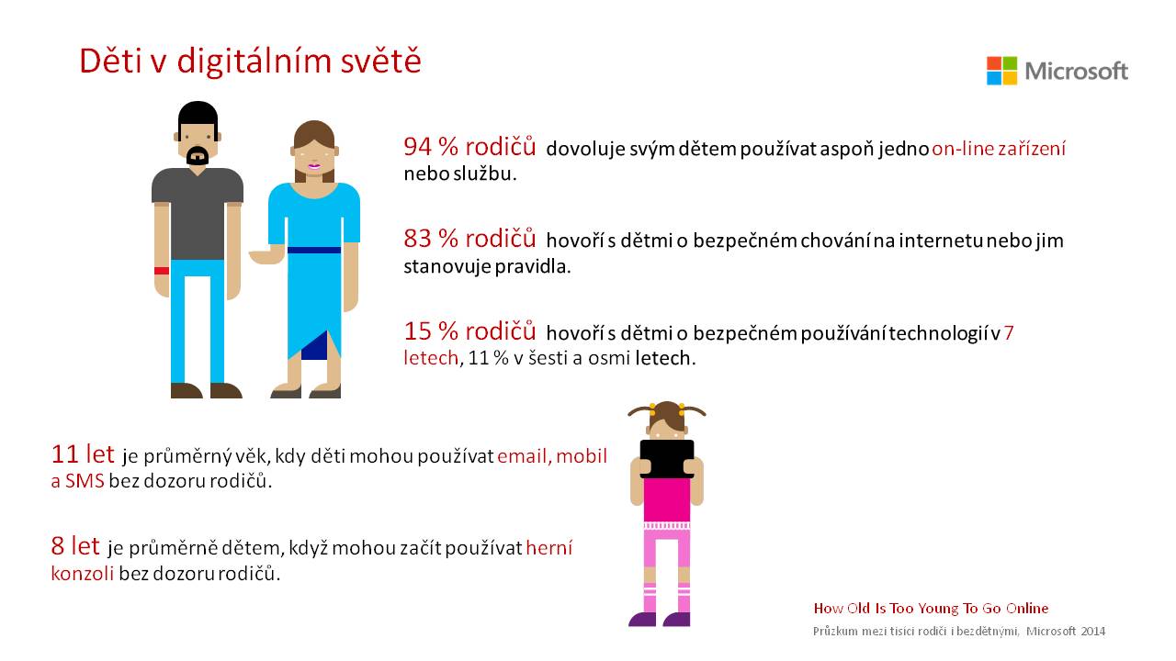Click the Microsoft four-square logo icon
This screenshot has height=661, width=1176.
pyautogui.click(x=1001, y=71)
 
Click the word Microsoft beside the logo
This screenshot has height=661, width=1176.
pyautogui.click(x=1076, y=71)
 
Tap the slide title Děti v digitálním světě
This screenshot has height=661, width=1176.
pyautogui.click(x=251, y=61)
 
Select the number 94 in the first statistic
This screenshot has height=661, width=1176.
pyautogui.click(x=417, y=147)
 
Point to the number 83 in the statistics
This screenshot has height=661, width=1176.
pyautogui.click(x=417, y=240)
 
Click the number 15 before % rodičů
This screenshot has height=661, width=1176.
pyautogui.click(x=417, y=331)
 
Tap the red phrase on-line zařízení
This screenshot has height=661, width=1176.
pyautogui.click(x=999, y=149)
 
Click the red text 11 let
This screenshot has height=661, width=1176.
pyautogui.click(x=83, y=454)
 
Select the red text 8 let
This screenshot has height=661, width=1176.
pyautogui.click(x=75, y=546)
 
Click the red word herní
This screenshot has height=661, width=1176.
pyautogui.click(x=549, y=548)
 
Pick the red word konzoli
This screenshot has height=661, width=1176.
pyautogui.click(x=83, y=574)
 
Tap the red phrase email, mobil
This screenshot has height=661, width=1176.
pyautogui.click(x=552, y=456)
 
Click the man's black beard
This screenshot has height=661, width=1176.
pyautogui.click(x=198, y=157)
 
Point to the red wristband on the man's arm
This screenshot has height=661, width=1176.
pyautogui.click(x=161, y=271)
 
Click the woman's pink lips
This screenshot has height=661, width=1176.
pyautogui.click(x=314, y=166)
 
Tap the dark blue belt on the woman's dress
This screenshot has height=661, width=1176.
pyautogui.click(x=314, y=251)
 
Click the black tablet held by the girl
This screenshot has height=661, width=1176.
pyautogui.click(x=667, y=459)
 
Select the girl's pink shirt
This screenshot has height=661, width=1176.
pyautogui.click(x=667, y=499)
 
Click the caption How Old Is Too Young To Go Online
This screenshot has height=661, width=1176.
pyautogui.click(x=931, y=609)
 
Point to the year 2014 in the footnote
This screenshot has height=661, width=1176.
pyautogui.click(x=1092, y=632)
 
